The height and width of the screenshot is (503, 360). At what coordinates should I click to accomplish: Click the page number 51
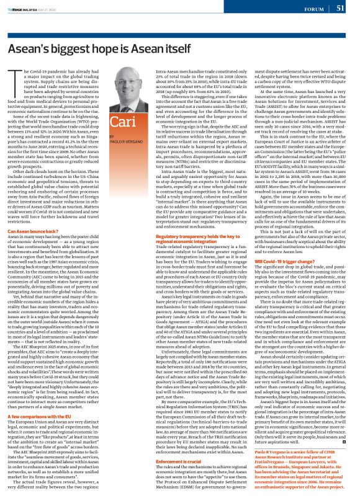coord(341,9)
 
